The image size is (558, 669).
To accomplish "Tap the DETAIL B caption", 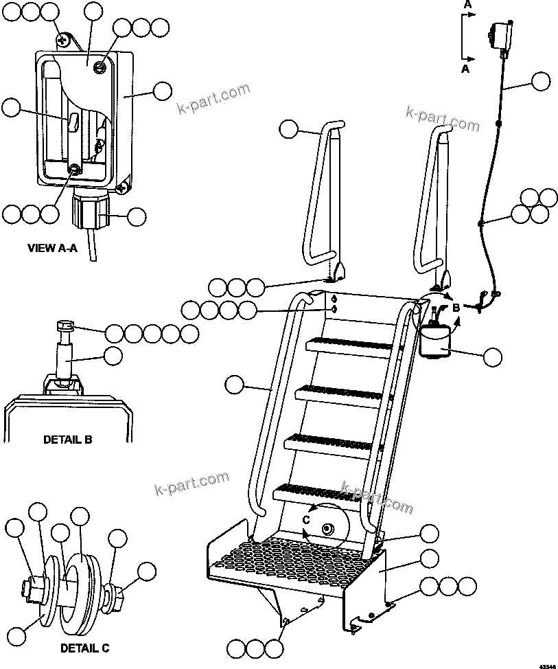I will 67,440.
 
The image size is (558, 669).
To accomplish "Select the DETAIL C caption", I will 84,648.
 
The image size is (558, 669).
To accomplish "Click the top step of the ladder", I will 350,343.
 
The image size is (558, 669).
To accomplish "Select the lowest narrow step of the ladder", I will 316,492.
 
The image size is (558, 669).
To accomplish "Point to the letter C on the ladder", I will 307,520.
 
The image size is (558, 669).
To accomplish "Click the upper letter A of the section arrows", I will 467,5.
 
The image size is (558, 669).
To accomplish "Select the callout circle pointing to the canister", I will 492,357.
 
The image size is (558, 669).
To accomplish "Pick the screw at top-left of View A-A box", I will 63,39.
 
